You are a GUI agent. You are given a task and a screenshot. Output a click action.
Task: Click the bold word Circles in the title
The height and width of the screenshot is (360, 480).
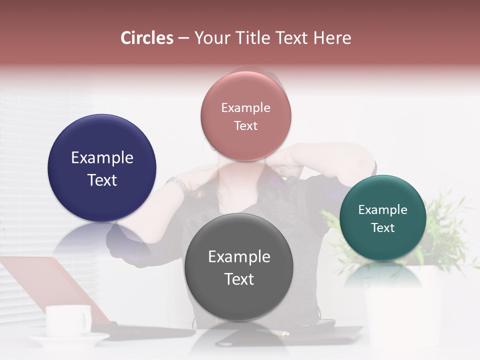[x=147, y=38]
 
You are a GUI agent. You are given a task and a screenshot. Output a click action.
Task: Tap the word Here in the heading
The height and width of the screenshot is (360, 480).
[x=333, y=38]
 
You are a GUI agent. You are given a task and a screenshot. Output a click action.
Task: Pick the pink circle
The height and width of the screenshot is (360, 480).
[x=245, y=95]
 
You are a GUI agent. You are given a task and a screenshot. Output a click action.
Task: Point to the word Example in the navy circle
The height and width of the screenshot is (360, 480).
[x=102, y=158]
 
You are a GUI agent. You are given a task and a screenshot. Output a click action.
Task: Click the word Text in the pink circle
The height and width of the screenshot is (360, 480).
[x=245, y=126]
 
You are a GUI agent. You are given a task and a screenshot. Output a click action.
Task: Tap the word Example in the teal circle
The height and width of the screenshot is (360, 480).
[x=383, y=209]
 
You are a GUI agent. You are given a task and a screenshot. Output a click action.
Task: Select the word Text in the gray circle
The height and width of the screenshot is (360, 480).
[x=239, y=279]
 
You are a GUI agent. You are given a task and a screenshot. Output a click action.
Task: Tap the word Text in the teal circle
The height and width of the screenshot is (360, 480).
[x=383, y=228]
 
